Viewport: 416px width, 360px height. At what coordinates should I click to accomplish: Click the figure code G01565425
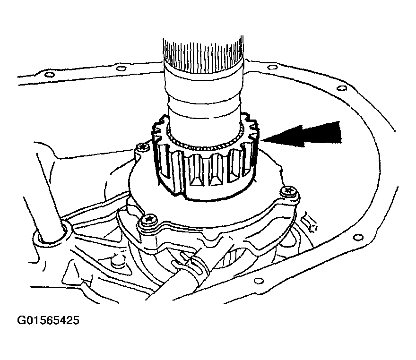click(x=48, y=320)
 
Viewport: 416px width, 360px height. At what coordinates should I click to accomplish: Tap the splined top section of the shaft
click(x=203, y=55)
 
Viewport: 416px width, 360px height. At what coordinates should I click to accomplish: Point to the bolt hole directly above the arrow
click(x=341, y=88)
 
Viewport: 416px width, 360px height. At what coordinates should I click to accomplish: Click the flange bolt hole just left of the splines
click(x=121, y=69)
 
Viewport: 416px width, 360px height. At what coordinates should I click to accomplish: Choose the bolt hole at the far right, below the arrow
click(x=359, y=237)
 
